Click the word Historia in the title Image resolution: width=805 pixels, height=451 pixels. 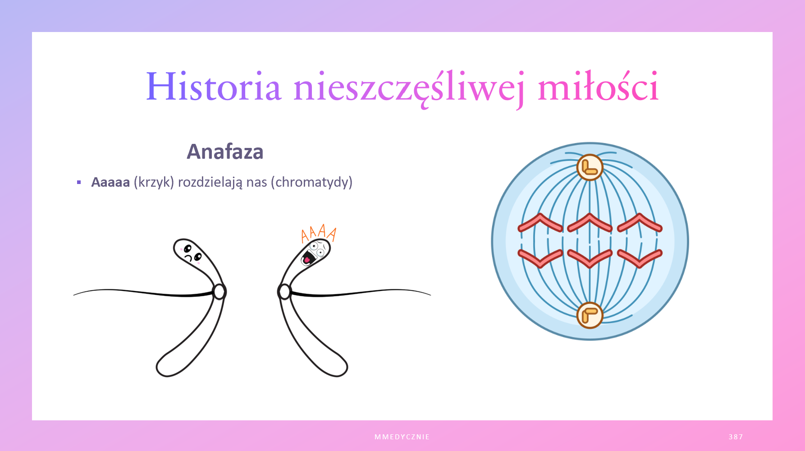[214, 87]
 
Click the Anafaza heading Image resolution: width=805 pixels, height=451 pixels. [225, 152]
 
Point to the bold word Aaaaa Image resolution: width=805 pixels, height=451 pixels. [110, 182]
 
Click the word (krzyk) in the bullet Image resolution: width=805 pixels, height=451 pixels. [154, 182]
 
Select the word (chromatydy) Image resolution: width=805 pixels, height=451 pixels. [311, 182]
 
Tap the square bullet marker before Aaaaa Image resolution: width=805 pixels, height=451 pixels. [79, 182]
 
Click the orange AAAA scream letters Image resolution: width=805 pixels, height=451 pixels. [319, 233]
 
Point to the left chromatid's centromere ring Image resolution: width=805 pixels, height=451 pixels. [220, 292]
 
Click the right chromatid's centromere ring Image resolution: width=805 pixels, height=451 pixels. [284, 292]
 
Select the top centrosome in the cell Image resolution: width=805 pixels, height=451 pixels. [590, 167]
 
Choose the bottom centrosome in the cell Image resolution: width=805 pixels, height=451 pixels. [590, 315]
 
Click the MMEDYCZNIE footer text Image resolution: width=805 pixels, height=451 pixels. [402, 437]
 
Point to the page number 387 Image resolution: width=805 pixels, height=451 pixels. [736, 437]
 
